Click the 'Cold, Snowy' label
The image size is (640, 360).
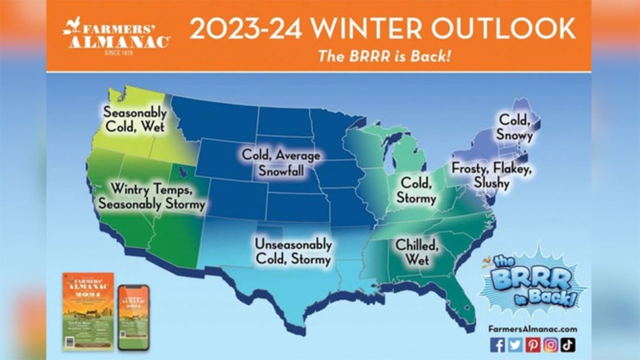515,128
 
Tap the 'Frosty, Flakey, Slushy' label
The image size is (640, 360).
492,175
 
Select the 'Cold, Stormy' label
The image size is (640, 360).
416,190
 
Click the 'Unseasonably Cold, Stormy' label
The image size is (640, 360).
293,251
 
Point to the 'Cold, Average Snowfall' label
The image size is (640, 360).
282,162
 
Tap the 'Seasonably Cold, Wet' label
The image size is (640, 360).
136,118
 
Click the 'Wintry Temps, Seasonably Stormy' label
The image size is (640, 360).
152,196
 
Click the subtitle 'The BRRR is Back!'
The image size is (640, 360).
384,56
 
